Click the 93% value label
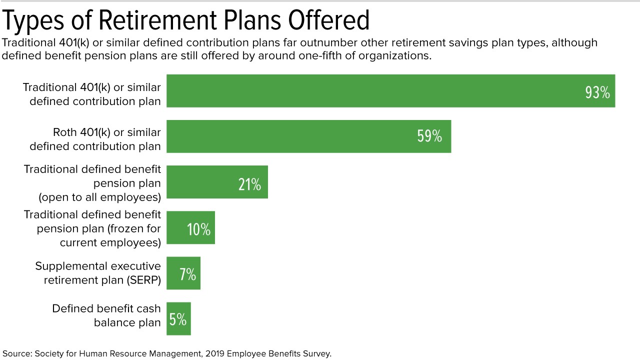(x=597, y=92)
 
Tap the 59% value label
(x=429, y=136)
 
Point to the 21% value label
(x=249, y=184)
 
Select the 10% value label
(x=198, y=229)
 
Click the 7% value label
(x=187, y=274)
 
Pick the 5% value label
(x=177, y=319)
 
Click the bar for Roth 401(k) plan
(x=309, y=136)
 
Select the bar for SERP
(x=183, y=273)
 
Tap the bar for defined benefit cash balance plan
(x=178, y=318)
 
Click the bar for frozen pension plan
(x=190, y=227)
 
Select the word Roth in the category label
(x=65, y=132)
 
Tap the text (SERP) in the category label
(x=144, y=280)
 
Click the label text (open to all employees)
(x=99, y=197)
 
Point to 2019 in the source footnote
(x=215, y=353)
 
